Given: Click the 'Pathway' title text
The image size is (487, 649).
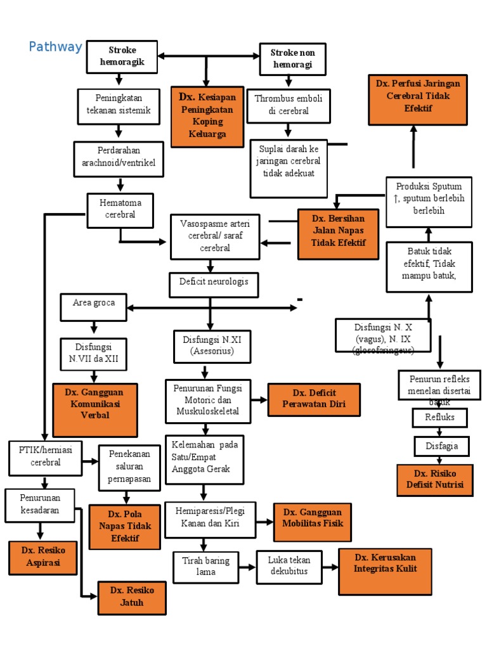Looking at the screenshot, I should pyautogui.click(x=56, y=47).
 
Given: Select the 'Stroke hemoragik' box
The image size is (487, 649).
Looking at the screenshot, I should pyautogui.click(x=122, y=56).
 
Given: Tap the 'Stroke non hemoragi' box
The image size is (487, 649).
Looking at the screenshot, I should pyautogui.click(x=292, y=58).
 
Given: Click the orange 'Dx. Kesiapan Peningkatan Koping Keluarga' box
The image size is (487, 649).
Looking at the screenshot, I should pyautogui.click(x=207, y=117).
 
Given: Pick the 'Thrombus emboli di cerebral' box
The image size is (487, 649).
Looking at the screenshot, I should pyautogui.click(x=289, y=105).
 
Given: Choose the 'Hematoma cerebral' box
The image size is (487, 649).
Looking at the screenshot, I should pyautogui.click(x=120, y=210).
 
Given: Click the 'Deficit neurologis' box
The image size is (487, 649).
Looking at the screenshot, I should pyautogui.click(x=214, y=285).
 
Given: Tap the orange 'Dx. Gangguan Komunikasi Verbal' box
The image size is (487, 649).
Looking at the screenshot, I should pyautogui.click(x=95, y=409).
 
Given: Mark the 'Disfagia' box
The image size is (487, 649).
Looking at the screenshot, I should pyautogui.click(x=441, y=446).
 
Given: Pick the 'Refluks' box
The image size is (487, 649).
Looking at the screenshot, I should pyautogui.click(x=441, y=418).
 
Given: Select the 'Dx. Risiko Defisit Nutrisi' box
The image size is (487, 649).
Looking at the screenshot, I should pyautogui.click(x=434, y=480).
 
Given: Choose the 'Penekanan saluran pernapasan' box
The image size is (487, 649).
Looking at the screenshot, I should pyautogui.click(x=129, y=468).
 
